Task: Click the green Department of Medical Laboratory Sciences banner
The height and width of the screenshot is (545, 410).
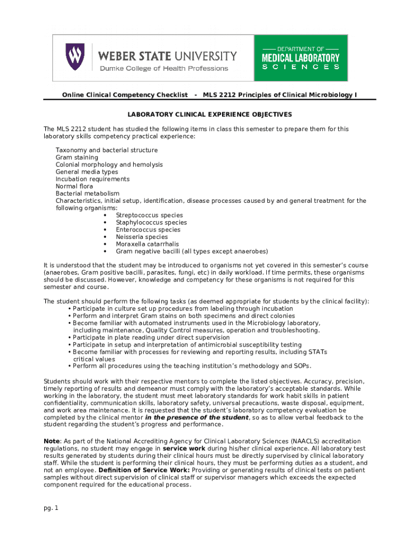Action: point(301,57)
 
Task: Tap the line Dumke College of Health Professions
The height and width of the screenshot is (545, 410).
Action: point(163,68)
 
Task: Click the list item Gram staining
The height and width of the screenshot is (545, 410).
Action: point(77,158)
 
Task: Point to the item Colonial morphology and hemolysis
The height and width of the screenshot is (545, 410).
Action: point(109,165)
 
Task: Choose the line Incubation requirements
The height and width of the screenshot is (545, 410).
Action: point(93,179)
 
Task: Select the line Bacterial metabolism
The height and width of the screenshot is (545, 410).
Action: point(87,194)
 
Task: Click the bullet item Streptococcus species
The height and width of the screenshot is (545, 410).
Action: point(149,216)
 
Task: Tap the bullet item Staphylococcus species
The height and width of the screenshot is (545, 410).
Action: point(151,222)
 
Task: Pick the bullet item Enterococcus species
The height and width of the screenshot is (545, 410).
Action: point(148,230)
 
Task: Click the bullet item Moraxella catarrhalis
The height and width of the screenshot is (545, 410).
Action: point(147,244)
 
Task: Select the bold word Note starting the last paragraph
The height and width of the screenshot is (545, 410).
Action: point(52,442)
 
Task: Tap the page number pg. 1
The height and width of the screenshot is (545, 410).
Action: point(51,508)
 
